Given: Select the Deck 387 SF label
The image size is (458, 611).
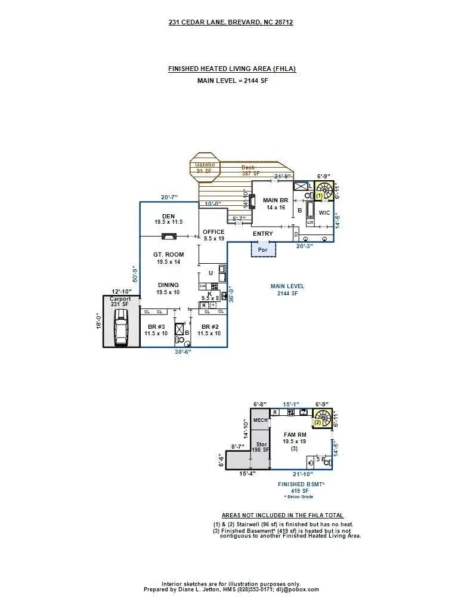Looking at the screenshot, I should [248, 171].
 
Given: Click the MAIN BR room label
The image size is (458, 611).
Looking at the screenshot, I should [276, 203].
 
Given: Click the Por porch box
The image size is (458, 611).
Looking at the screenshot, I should [263, 249].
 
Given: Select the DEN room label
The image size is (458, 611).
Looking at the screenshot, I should [168, 219].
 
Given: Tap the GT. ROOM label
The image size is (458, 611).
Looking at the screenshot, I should [168, 258].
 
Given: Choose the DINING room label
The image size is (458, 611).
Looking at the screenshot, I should [168, 289].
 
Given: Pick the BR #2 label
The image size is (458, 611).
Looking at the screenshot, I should [209, 330].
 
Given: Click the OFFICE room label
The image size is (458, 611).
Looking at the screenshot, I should [213, 235].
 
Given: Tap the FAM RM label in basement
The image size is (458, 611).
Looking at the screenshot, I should [295, 438].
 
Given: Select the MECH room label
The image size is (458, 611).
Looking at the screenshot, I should [260, 420].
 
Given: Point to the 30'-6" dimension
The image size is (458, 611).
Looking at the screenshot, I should [182, 352].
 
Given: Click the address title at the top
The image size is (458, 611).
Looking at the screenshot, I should [231, 22].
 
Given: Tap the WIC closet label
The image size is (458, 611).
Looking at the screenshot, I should [324, 212].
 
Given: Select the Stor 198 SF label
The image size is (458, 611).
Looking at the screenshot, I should [260, 448].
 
